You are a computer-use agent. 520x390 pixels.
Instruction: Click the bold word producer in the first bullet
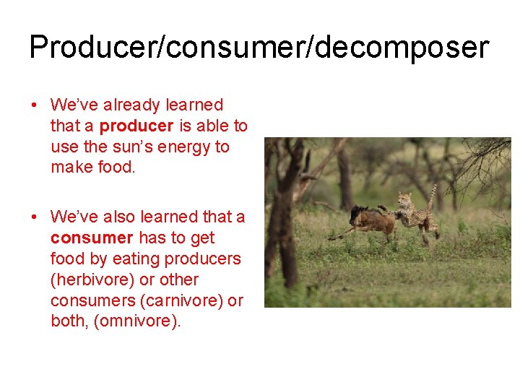click(x=136, y=126)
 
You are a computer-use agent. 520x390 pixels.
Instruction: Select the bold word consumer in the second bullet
click(x=92, y=238)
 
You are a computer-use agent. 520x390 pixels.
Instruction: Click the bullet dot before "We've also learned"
click(x=35, y=217)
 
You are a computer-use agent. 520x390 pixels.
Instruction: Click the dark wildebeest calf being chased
click(x=368, y=221)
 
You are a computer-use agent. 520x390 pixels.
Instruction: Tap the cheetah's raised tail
click(x=433, y=196)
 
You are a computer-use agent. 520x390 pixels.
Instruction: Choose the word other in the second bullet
click(x=159, y=280)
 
